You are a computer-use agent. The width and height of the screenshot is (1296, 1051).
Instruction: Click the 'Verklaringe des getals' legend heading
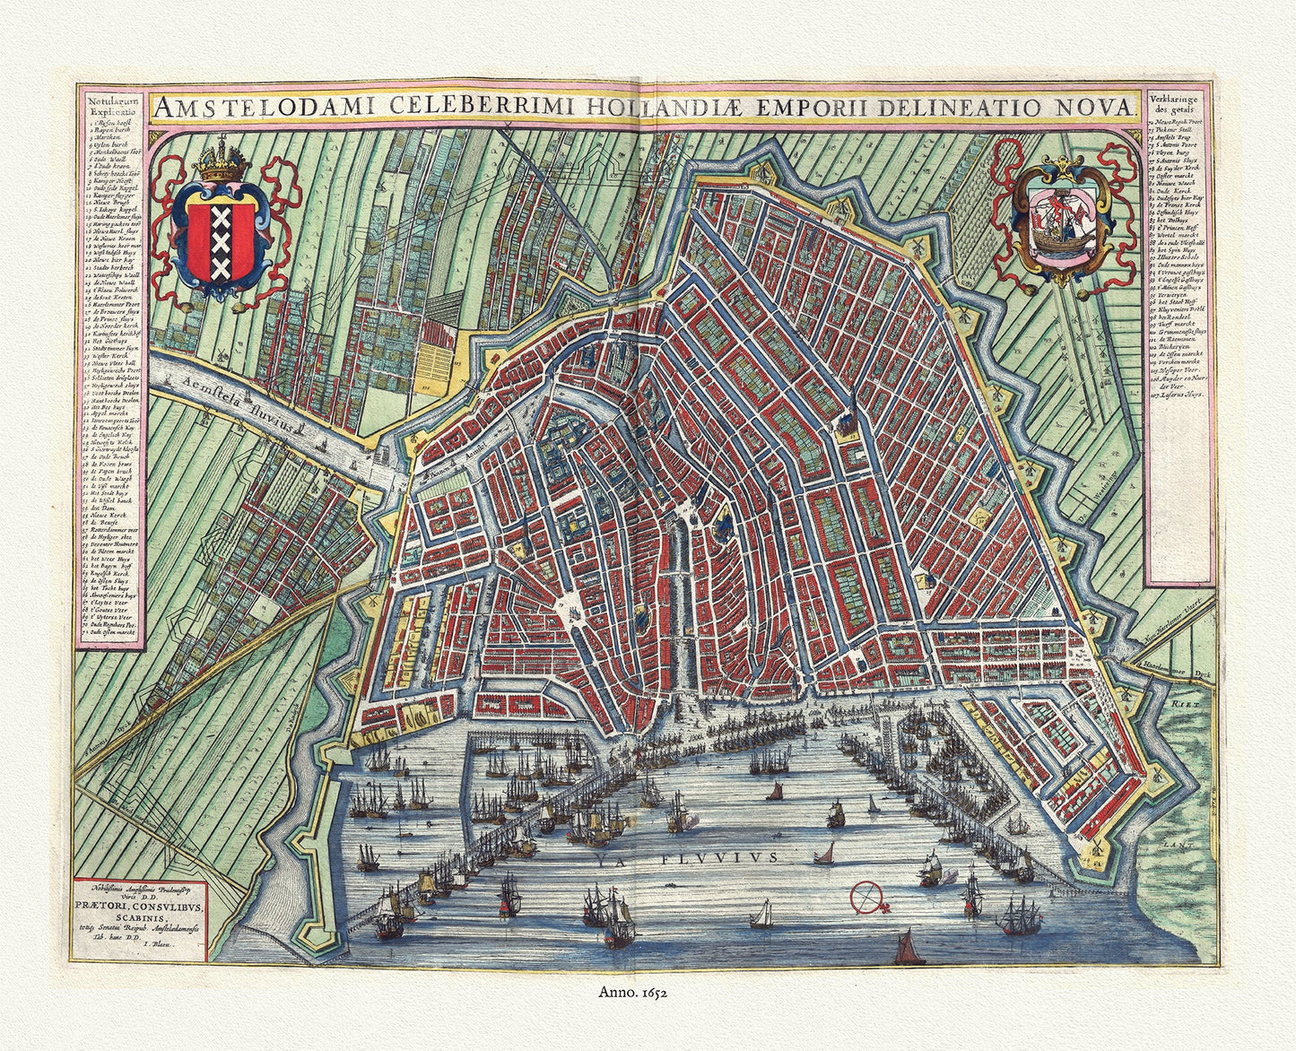point(1183,105)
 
